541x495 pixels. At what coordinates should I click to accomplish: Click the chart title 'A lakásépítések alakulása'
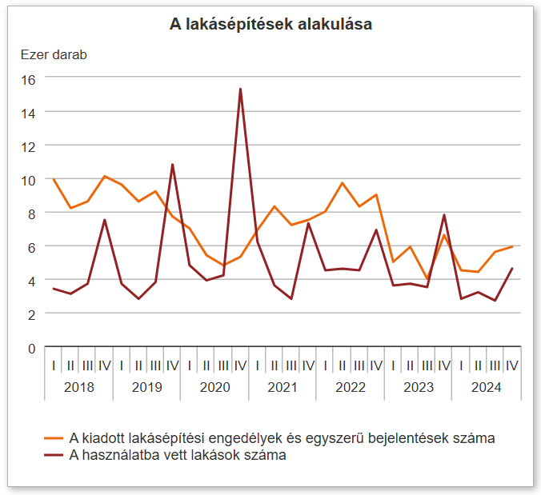point(270,25)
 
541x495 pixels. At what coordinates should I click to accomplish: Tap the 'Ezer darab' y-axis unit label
point(54,55)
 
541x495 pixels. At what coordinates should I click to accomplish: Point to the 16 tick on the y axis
point(29,79)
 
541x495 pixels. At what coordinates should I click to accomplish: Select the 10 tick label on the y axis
point(29,180)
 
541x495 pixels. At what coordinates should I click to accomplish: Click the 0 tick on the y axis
point(32,348)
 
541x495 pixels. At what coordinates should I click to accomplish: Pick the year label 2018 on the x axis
point(78,387)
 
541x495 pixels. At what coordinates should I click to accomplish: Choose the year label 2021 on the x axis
point(283,387)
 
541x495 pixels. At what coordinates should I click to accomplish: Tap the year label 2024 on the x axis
point(486,387)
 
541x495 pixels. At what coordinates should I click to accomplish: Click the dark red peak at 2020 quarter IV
point(240,90)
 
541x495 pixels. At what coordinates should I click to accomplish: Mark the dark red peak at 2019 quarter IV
point(172,165)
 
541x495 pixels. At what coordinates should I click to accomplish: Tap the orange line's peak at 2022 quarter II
point(343,183)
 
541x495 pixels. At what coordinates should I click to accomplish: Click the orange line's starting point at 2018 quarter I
point(54,179)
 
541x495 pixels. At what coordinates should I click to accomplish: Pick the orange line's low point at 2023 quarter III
point(427,279)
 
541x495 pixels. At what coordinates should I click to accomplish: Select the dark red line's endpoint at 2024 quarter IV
point(512,269)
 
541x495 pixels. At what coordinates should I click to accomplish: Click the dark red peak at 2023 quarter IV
point(444,215)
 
